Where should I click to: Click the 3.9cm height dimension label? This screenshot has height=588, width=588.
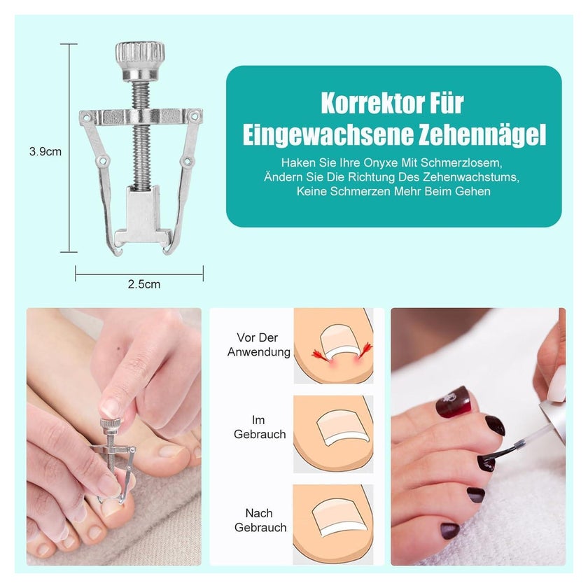(x=45, y=151)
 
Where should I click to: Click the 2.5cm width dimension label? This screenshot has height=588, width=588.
(x=144, y=284)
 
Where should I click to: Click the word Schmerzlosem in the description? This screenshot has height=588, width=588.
(x=461, y=162)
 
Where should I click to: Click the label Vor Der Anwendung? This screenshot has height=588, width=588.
(x=259, y=344)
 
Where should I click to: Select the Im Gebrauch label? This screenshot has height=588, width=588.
(x=260, y=427)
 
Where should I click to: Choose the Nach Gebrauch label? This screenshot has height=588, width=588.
(x=260, y=520)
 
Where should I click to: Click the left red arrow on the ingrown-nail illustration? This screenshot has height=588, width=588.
(x=321, y=355)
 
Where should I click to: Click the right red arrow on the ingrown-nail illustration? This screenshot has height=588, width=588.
(x=364, y=350)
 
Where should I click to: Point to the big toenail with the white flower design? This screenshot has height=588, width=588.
(x=453, y=400)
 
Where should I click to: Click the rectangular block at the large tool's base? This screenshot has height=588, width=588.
(x=143, y=213)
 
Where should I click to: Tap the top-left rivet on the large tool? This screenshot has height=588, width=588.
(x=87, y=118)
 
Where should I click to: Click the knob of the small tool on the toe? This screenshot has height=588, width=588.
(x=110, y=424)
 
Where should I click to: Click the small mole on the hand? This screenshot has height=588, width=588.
(x=118, y=350)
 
